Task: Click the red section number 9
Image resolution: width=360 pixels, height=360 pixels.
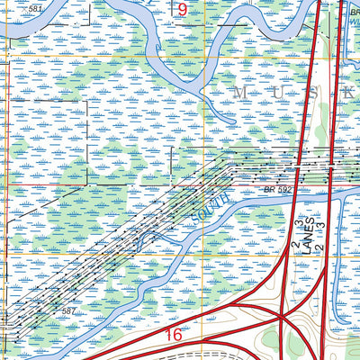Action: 184,10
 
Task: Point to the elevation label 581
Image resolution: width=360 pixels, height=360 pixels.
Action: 35,8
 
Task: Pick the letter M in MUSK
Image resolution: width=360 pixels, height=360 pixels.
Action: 215,92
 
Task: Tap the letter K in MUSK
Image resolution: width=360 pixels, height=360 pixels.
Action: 351,92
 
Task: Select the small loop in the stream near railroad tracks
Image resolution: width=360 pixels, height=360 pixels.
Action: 144,236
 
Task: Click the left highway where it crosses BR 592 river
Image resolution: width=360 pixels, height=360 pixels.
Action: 312,191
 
